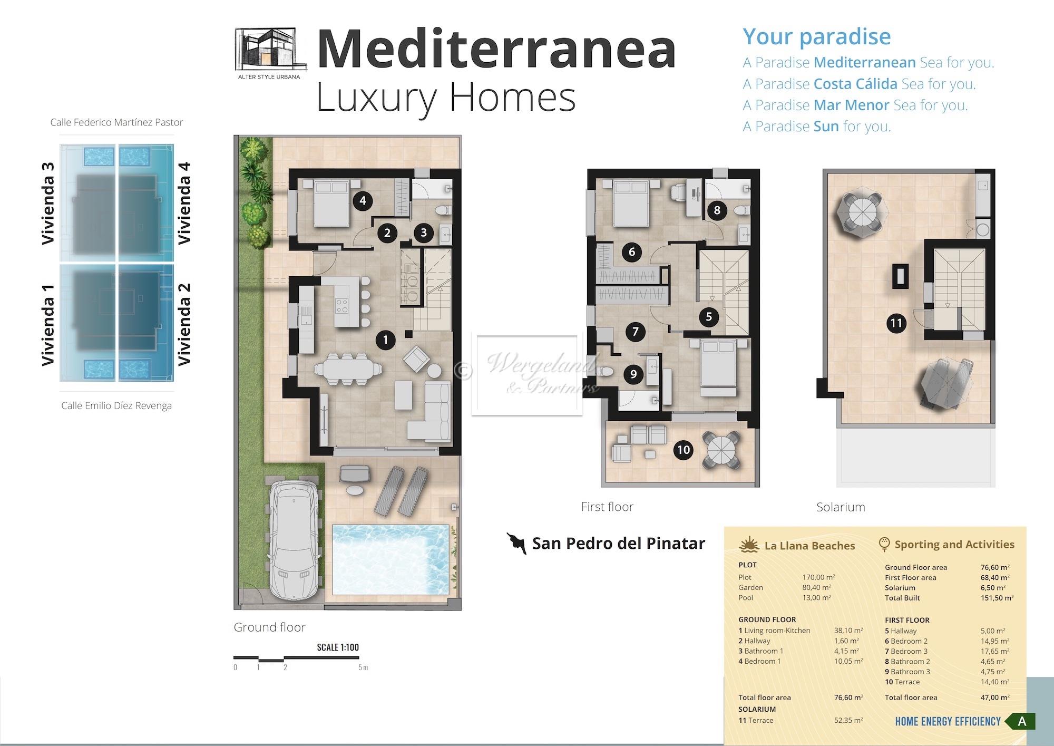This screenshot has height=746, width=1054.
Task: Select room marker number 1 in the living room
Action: coord(385,340)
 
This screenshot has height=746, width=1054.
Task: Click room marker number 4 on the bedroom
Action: coord(363,200)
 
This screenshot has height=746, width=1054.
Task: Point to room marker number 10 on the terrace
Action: coord(684,450)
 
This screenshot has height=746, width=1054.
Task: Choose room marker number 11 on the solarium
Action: coord(896,323)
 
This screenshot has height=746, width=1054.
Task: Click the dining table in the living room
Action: coord(346,367)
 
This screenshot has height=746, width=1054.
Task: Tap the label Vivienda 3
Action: coord(48,204)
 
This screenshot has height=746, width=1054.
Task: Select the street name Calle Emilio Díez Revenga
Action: coord(116,405)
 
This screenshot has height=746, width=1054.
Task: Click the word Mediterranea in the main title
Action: coord(496,50)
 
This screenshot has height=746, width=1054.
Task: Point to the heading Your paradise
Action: coord(817,36)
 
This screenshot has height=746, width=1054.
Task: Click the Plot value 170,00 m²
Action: coord(818,577)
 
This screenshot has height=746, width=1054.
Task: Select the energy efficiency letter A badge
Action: coord(1021,721)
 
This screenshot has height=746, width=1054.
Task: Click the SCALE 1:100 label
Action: coord(338,647)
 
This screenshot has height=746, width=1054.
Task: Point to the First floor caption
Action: coord(607,507)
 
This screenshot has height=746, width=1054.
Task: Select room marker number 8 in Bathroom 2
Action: coord(717,210)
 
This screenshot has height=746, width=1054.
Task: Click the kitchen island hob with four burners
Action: coord(342,305)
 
